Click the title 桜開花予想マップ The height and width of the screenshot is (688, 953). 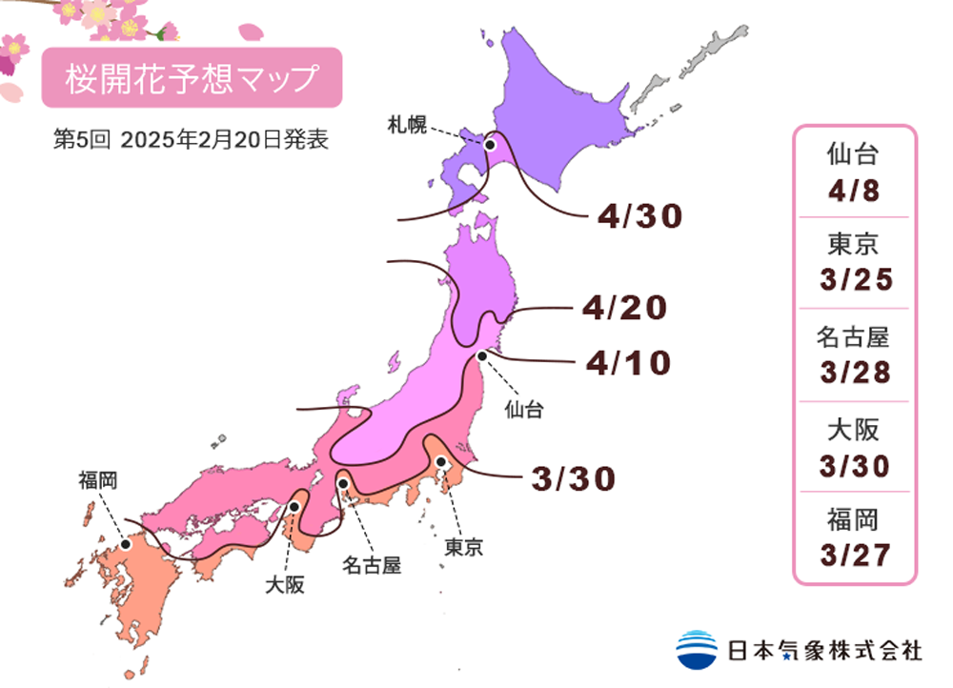pyautogui.click(x=191, y=78)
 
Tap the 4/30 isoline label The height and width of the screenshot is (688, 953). pyautogui.click(x=640, y=217)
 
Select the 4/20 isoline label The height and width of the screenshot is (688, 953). pyautogui.click(x=623, y=308)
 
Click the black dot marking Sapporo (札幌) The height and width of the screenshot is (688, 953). pyautogui.click(x=491, y=146)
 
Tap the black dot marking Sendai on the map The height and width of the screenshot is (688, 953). pyautogui.click(x=482, y=355)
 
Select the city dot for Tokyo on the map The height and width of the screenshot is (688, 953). pyautogui.click(x=441, y=462)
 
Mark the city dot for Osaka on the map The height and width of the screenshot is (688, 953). pyautogui.click(x=295, y=507)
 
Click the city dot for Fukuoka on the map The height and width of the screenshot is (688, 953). pyautogui.click(x=125, y=544)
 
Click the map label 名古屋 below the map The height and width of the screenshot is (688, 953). pyautogui.click(x=371, y=565)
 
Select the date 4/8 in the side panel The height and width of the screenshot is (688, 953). pyautogui.click(x=854, y=191)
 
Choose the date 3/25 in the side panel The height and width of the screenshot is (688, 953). pyautogui.click(x=854, y=280)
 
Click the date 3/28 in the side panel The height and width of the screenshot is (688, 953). pyautogui.click(x=854, y=371)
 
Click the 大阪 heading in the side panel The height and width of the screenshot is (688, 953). pyautogui.click(x=854, y=429)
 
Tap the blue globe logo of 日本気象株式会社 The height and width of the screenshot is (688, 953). pyautogui.click(x=697, y=649)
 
